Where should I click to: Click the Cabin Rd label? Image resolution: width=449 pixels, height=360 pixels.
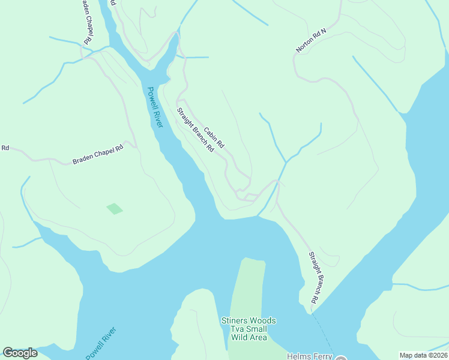click(x=214, y=138)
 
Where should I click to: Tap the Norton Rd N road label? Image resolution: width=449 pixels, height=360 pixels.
click(x=310, y=41)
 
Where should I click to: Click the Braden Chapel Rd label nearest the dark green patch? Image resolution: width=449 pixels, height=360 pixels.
click(x=98, y=154)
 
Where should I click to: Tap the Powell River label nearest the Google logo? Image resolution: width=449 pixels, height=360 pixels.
click(x=101, y=343)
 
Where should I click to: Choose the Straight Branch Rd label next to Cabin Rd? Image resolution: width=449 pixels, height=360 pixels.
click(x=195, y=130)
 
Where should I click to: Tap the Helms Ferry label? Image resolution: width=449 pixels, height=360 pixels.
click(x=309, y=356)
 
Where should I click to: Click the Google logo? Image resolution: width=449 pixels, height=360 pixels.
click(x=20, y=353)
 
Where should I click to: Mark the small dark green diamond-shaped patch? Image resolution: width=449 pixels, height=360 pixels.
click(x=115, y=208)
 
